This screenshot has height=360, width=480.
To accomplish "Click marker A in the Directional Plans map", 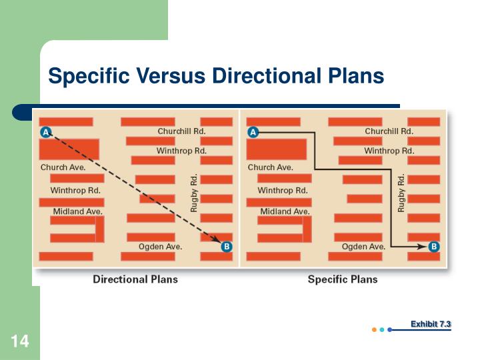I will point(46,132).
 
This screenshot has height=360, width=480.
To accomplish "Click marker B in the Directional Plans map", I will point(226,247).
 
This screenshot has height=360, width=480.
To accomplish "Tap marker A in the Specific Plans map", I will point(253,132).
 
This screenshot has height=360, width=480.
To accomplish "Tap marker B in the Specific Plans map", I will point(434,247).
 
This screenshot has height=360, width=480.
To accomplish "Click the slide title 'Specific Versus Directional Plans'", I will point(216,77).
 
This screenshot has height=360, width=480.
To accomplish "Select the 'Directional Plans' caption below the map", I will point(135,279).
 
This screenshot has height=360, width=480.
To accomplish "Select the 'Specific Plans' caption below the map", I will point(342,279).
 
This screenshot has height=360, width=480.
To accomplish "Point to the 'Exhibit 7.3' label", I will point(431,324).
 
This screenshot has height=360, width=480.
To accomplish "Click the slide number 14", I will point(20,342).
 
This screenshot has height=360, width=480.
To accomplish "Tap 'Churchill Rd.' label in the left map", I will point(181,131).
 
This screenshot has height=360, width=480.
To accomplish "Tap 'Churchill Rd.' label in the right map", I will point(389,131).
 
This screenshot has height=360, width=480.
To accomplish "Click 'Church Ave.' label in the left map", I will point(63,167).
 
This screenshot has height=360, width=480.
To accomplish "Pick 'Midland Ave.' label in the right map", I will point(285,211).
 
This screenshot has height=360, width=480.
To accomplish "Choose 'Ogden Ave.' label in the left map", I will point(160,247).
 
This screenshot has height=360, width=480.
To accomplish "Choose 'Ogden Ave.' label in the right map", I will point(363,247).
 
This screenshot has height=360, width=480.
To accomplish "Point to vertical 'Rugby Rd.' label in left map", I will point(194,193).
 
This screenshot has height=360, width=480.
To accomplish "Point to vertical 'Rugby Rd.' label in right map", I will point(401,193).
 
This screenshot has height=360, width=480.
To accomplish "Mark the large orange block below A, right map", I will point(277,149).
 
